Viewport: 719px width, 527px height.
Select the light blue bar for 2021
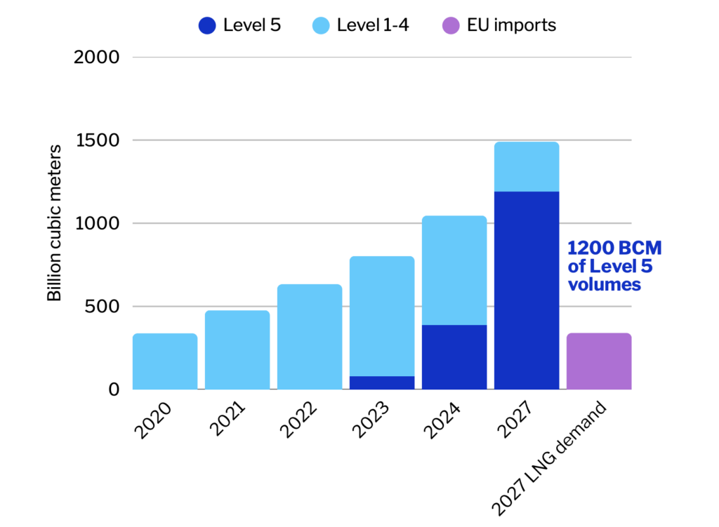(237, 350)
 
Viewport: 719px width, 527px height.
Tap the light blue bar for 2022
(310, 337)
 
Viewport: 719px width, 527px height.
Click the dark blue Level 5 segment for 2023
(382, 383)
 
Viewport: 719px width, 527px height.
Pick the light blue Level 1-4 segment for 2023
(382, 316)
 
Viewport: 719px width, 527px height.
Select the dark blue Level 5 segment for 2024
(454, 357)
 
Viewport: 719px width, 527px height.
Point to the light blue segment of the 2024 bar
(454, 271)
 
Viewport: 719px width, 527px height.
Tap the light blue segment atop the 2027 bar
(527, 167)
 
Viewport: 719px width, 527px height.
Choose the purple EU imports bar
(599, 361)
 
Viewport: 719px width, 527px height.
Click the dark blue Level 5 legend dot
(207, 26)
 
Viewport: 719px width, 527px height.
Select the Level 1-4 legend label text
(372, 26)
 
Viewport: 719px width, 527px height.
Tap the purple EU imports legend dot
(450, 26)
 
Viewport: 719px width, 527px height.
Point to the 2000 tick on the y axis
(98, 57)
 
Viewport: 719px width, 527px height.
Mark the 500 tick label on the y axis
(102, 307)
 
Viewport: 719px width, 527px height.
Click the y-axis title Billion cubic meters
(54, 223)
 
